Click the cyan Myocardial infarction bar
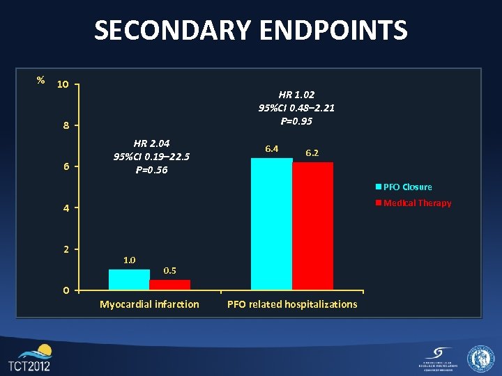click(129, 279)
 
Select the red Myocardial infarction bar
click(170, 285)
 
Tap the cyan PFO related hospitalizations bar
click(271, 224)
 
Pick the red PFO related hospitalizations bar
click(313, 226)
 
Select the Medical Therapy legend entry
click(413, 203)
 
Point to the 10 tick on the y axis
click(63, 84)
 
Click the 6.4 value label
click(271, 148)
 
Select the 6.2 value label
click(313, 152)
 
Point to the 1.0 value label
click(130, 260)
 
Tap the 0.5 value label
click(169, 270)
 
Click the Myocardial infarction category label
click(149, 304)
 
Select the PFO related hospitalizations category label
click(292, 304)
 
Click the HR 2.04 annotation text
click(151, 143)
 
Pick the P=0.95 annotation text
click(296, 121)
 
